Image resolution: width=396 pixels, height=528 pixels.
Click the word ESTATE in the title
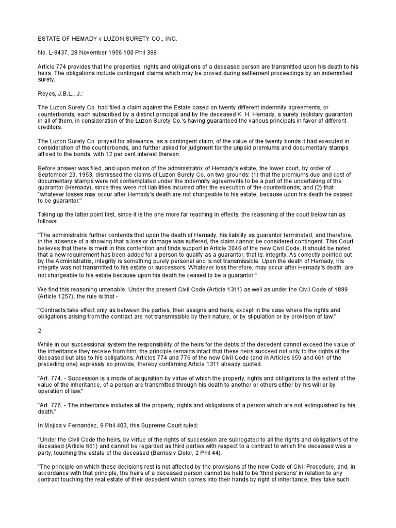coord(51,39)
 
